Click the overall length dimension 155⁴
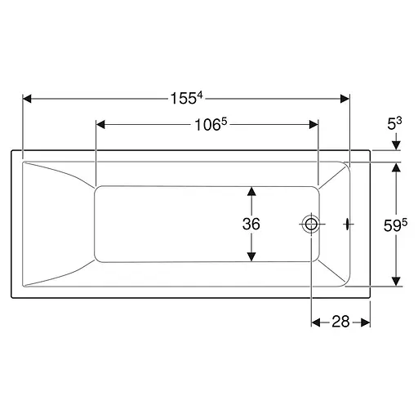pyautogui.click(x=187, y=98)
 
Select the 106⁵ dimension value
pyautogui.click(x=211, y=125)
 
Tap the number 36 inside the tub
pyautogui.click(x=251, y=224)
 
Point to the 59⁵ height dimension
pyautogui.click(x=395, y=225)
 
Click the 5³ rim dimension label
pyautogui.click(x=394, y=123)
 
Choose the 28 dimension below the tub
pyautogui.click(x=340, y=322)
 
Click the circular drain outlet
pyautogui.click(x=310, y=225)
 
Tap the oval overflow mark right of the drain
pyautogui.click(x=348, y=225)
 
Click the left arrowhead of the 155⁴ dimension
pyautogui.click(x=27, y=99)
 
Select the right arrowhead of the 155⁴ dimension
pyautogui.click(x=345, y=99)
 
